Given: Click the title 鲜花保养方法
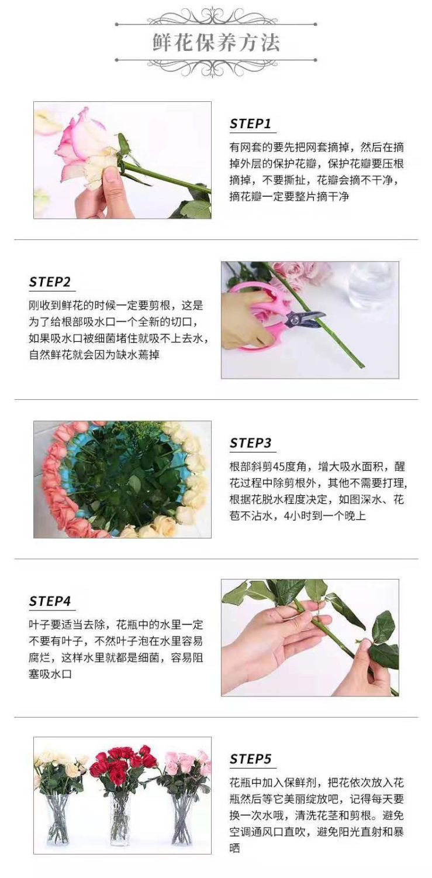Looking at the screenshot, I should click(x=216, y=43).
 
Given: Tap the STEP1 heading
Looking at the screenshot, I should click(x=250, y=124).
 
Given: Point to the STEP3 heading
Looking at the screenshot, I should click(x=250, y=443).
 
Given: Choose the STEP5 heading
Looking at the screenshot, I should click(x=250, y=759).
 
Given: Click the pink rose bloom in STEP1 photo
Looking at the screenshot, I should click(x=82, y=146).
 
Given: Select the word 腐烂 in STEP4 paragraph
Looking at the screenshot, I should click(x=42, y=658).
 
